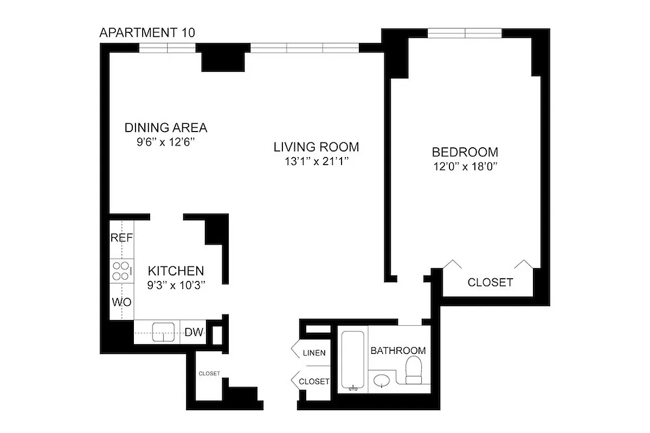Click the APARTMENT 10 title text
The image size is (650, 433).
[x=147, y=33]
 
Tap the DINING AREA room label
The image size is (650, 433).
[x=166, y=128]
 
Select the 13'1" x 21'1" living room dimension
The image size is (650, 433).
[x=316, y=161]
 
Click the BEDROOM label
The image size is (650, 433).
[x=465, y=152]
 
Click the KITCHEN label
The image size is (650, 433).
[x=176, y=271]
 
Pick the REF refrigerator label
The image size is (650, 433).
[x=122, y=238]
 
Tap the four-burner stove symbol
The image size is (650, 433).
[x=122, y=271]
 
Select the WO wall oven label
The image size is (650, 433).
[x=121, y=302]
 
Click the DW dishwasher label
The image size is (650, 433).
[x=194, y=332]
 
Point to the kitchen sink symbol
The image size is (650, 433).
[x=163, y=332]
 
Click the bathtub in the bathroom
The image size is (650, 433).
[x=354, y=360]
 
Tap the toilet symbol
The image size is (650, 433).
[x=416, y=370]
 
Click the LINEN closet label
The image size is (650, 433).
[x=314, y=353]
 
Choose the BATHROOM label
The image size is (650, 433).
[x=398, y=351]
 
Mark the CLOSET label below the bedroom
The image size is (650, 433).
[x=490, y=283]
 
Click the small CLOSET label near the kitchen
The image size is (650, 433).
[x=209, y=373]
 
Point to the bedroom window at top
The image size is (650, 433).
[x=465, y=34]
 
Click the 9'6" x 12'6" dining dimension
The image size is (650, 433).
[x=165, y=143]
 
